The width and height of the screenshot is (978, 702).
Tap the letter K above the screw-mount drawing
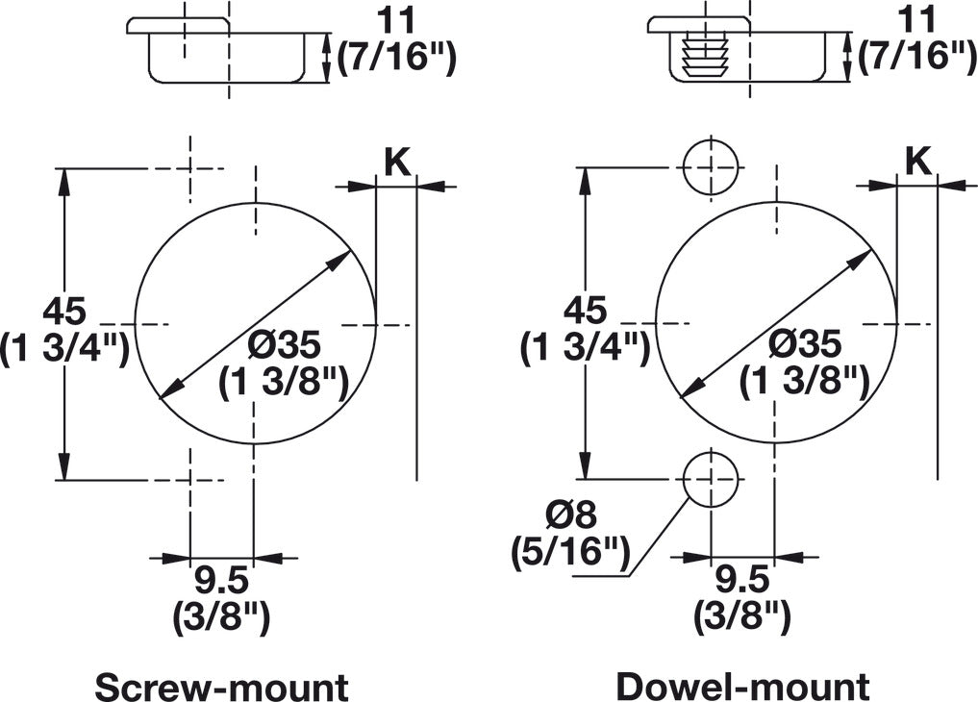(x=397, y=163)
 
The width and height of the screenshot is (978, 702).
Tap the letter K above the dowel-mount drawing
(x=918, y=163)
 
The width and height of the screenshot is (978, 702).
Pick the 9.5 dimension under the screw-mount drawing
(x=222, y=580)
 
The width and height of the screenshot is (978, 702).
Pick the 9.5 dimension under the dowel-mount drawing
(x=743, y=580)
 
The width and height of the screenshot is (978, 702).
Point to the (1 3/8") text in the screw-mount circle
(x=282, y=382)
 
